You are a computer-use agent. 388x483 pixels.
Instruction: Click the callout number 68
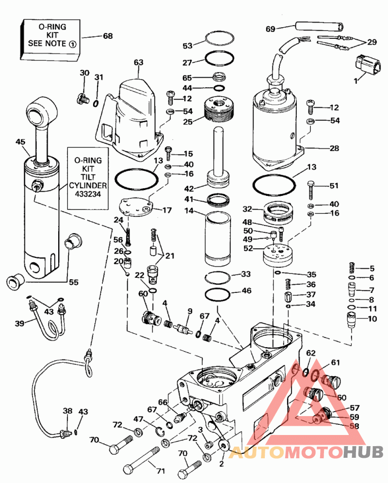point(107,36)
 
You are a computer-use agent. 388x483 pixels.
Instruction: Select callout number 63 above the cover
point(139,63)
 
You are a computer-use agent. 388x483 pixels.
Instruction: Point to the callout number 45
point(20,142)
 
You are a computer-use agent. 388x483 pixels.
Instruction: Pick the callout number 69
point(271,29)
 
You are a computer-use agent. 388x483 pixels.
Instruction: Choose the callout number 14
point(188,211)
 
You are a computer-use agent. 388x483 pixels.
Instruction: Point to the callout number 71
point(161,471)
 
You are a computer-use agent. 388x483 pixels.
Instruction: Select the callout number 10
point(372,319)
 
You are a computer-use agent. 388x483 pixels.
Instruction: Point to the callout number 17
point(166,210)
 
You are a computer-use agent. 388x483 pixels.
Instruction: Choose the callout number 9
point(190,311)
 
